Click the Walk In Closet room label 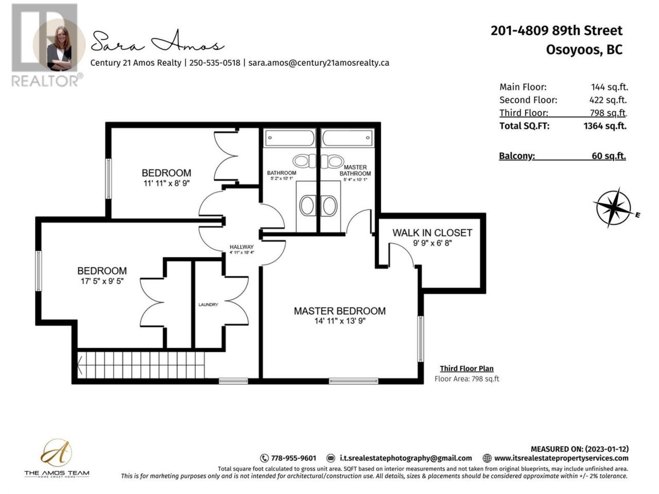(x=432, y=233)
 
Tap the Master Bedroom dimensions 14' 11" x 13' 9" (x=340, y=321)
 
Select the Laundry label (x=208, y=305)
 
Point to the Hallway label (x=241, y=247)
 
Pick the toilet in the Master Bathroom (x=332, y=162)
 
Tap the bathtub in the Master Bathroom (x=348, y=138)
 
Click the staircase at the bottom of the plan (x=141, y=365)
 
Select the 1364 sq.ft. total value (x=605, y=126)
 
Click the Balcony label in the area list (x=517, y=156)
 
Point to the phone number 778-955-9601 (x=293, y=458)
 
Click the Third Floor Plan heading (x=466, y=368)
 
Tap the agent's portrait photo (x=59, y=45)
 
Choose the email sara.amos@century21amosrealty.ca (x=319, y=63)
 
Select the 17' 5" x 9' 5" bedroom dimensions (x=102, y=281)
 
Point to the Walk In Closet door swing (x=402, y=255)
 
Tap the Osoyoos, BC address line (x=584, y=50)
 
